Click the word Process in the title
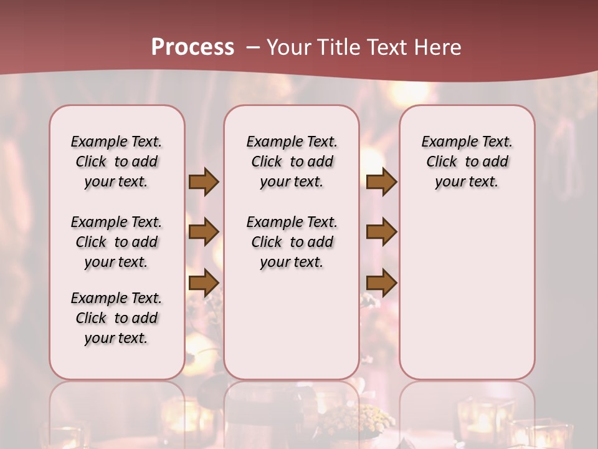(x=192, y=47)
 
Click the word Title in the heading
(x=339, y=47)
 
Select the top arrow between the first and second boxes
(x=204, y=182)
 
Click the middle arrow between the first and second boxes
(x=204, y=232)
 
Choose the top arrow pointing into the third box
(x=382, y=182)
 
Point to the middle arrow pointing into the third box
(x=382, y=232)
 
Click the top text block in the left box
(x=116, y=162)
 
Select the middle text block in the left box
(x=116, y=242)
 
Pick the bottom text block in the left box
(x=116, y=318)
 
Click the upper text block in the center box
(x=292, y=162)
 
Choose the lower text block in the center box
(x=292, y=242)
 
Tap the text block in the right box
(x=467, y=162)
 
